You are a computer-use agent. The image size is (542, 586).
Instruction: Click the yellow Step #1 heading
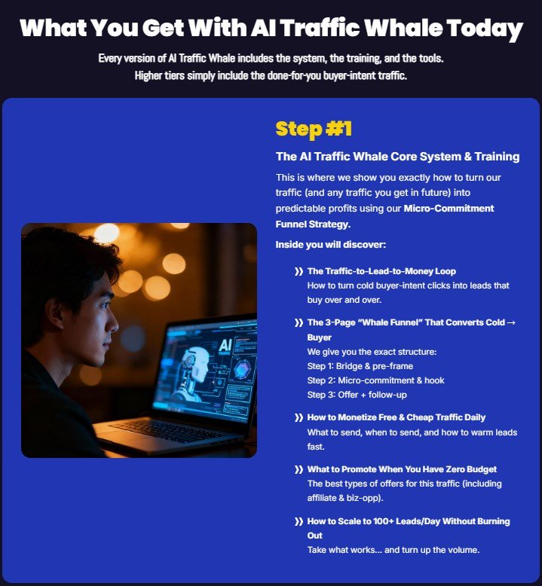(314, 129)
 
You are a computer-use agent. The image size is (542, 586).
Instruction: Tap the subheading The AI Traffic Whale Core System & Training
(397, 157)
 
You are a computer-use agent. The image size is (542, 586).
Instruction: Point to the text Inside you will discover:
(331, 245)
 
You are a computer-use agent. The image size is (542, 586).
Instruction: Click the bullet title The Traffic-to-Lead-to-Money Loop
(381, 271)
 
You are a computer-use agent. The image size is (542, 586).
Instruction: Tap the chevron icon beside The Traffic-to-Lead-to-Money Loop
(299, 271)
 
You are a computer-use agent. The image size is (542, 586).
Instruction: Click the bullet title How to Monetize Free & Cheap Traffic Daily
(396, 417)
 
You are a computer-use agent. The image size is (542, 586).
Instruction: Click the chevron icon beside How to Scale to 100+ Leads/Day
(299, 521)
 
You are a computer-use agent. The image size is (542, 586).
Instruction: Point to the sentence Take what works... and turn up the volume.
(393, 550)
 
